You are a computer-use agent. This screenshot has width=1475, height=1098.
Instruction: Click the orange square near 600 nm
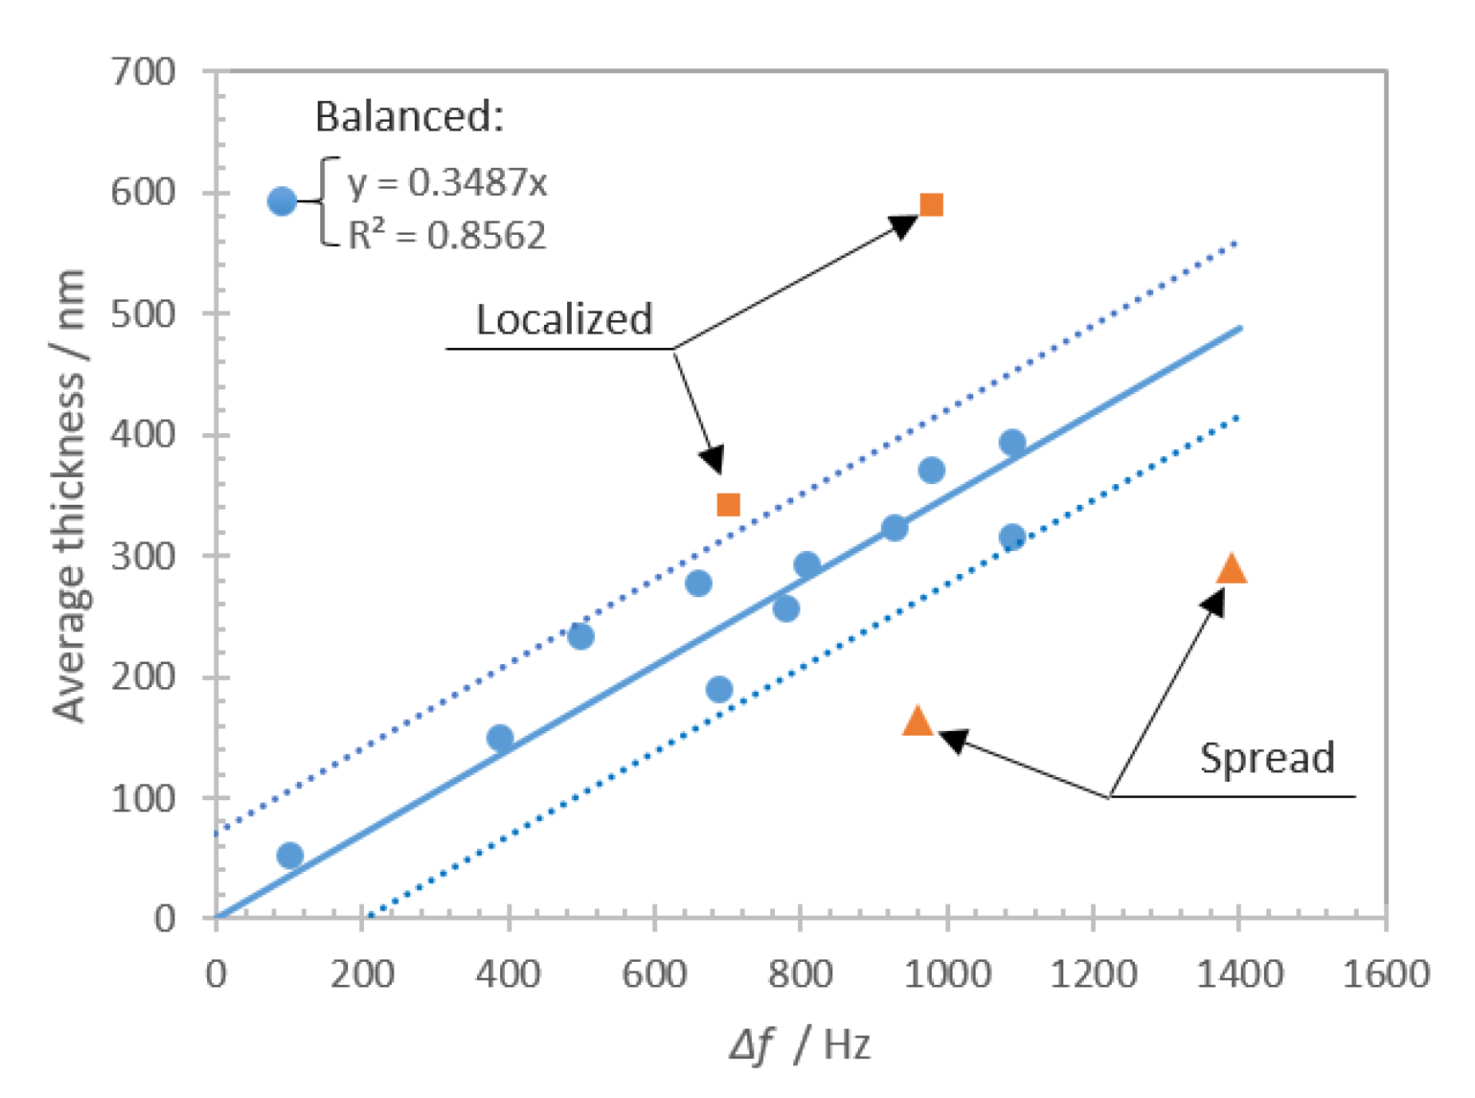coord(931,205)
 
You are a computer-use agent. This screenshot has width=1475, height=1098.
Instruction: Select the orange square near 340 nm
coord(728,504)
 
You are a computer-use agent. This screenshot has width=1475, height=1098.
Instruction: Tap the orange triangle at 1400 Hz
coord(1231,569)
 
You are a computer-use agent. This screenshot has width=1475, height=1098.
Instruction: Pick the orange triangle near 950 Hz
coord(917,721)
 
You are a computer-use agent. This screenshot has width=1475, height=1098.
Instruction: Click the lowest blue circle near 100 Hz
coord(290,855)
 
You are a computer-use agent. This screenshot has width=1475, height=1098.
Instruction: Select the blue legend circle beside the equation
coord(282,201)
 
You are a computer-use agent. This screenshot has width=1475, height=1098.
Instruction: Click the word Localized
coord(564,319)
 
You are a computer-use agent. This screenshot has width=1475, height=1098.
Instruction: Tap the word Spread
coord(1266,757)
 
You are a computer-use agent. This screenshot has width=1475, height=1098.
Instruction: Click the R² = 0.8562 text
coord(448,235)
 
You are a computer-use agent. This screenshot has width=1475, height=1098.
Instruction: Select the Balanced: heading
coord(409,116)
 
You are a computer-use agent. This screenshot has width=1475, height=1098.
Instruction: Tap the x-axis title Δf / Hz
coord(800,1044)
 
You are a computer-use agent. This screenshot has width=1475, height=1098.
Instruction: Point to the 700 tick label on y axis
coord(143,72)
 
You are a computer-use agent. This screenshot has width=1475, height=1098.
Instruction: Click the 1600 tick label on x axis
coord(1386,974)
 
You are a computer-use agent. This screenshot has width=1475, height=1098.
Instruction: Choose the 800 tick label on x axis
coord(800,974)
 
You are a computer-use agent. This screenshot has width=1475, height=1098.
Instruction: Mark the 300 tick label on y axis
coord(143,556)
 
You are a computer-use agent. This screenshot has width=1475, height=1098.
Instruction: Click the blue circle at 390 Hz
coord(500,738)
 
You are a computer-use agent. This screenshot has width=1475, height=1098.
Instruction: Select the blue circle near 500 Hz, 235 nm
coord(581,635)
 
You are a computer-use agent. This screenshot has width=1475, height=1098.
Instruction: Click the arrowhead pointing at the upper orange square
coord(903,226)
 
